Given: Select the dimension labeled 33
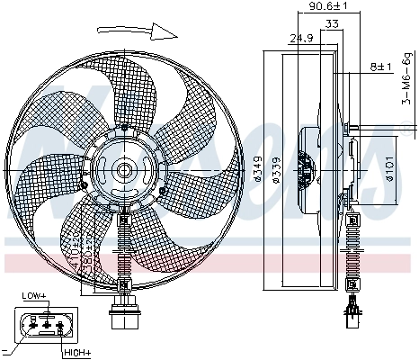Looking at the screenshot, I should tap(332, 25).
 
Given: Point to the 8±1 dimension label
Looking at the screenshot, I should tap(382, 67).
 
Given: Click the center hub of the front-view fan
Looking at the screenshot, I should tap(123, 168).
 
